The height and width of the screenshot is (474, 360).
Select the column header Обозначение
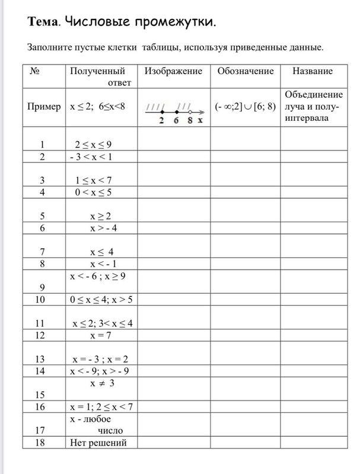(245, 72)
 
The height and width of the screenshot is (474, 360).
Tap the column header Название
(312, 72)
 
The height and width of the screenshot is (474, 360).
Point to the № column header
(35, 72)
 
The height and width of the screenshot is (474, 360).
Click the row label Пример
(43, 107)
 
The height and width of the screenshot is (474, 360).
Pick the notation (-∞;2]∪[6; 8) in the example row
(245, 107)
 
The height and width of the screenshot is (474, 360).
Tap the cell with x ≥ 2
(100, 216)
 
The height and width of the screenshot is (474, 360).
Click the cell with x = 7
(101, 335)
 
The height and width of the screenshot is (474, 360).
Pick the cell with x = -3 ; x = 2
(101, 359)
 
